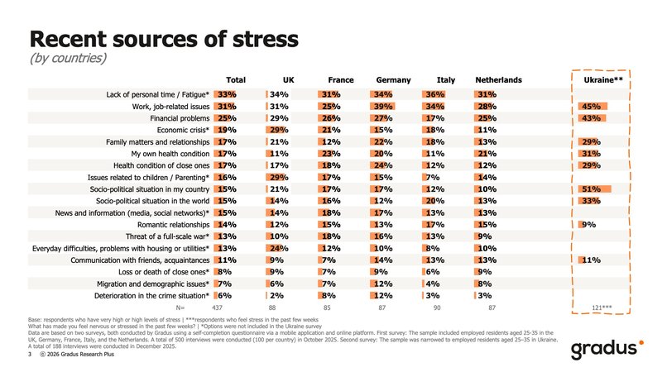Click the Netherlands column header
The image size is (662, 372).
coord(498,79)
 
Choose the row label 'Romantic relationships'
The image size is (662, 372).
coord(166,224)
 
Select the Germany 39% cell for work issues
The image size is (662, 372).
coord(382,107)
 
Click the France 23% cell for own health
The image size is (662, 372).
coord(331,154)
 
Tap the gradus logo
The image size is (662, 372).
coord(606,349)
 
